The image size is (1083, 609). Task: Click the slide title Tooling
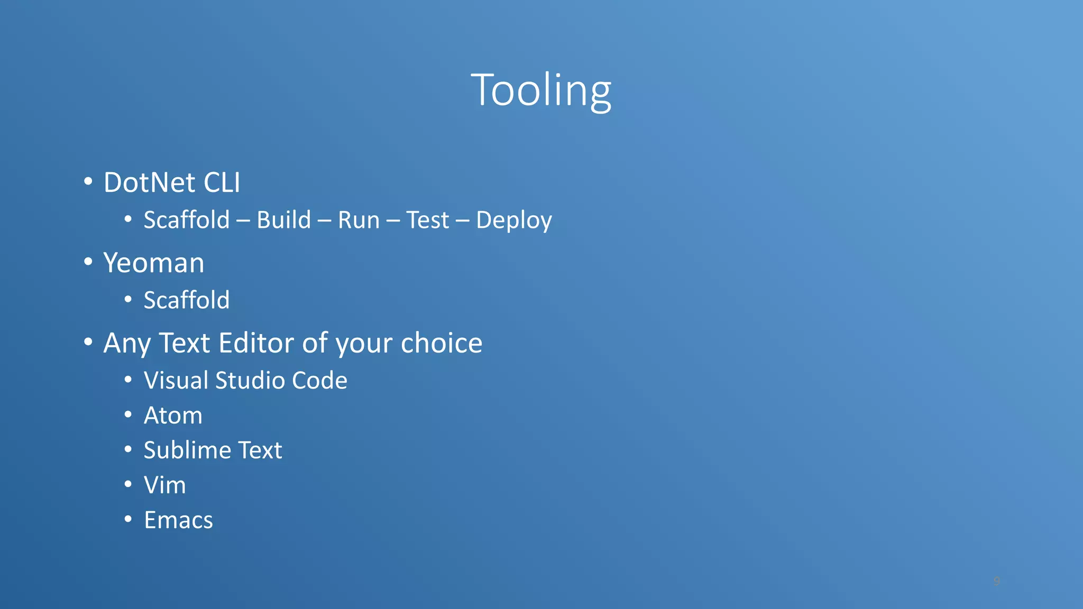541,90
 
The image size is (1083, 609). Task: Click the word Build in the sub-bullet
284,220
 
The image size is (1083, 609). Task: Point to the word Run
359,220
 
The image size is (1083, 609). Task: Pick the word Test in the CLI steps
427,220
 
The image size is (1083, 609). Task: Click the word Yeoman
154,263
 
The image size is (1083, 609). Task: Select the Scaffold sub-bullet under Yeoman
187,300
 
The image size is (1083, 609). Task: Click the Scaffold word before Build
187,220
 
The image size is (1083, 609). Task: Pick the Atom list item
173,416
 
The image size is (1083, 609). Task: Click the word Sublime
187,450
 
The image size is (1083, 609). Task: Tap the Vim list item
165,485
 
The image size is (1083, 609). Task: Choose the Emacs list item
179,520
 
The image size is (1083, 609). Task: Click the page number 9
996,581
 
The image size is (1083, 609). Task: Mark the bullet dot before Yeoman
88,261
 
